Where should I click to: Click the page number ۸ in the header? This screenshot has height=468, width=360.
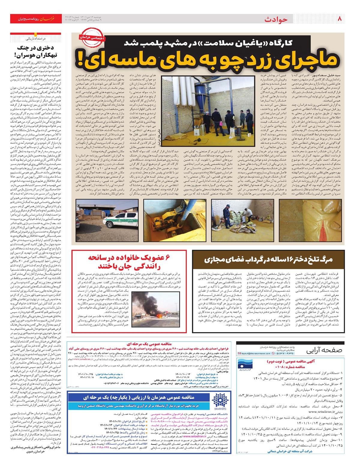coord(340,19)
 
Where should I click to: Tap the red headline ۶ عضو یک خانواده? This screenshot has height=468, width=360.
coord(129,262)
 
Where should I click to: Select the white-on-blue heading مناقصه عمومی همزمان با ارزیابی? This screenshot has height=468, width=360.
coord(139,397)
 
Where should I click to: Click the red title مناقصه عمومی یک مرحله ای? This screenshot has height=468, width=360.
coord(149,344)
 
